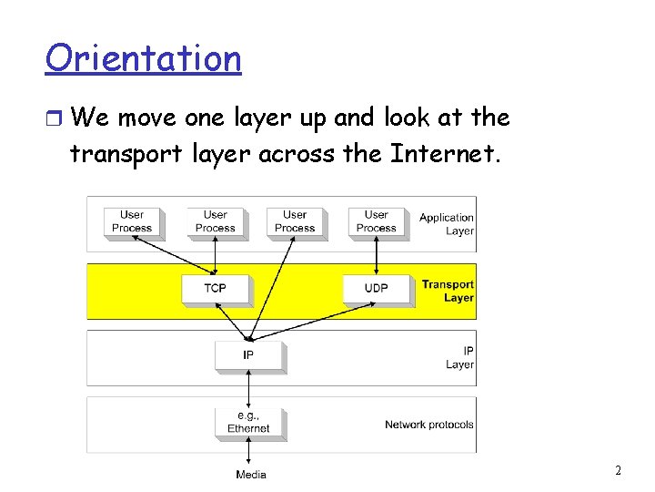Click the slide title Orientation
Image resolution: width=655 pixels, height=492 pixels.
[x=143, y=58]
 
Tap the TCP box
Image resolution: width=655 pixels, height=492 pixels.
[x=215, y=288]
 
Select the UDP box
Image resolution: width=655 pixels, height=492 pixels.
[x=376, y=288]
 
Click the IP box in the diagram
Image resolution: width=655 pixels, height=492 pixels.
[x=248, y=354]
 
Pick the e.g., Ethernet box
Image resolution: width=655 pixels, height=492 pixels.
[x=248, y=422]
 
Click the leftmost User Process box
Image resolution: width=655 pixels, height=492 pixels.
[x=132, y=221]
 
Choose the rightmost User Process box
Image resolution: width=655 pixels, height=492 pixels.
[x=376, y=221]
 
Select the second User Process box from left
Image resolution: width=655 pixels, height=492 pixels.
[x=215, y=221]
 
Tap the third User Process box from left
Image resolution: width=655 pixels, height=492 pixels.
[x=295, y=221]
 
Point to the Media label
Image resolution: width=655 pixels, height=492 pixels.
[x=251, y=474]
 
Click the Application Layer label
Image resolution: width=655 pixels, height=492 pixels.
[x=447, y=224]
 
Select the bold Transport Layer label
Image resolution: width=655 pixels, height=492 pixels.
[x=448, y=291]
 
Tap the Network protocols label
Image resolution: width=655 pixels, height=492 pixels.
[x=428, y=425]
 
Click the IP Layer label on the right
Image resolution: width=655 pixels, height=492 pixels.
[x=460, y=357]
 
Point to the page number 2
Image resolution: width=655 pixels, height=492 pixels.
[x=619, y=471]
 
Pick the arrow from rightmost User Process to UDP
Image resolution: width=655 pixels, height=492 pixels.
[x=376, y=256]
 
